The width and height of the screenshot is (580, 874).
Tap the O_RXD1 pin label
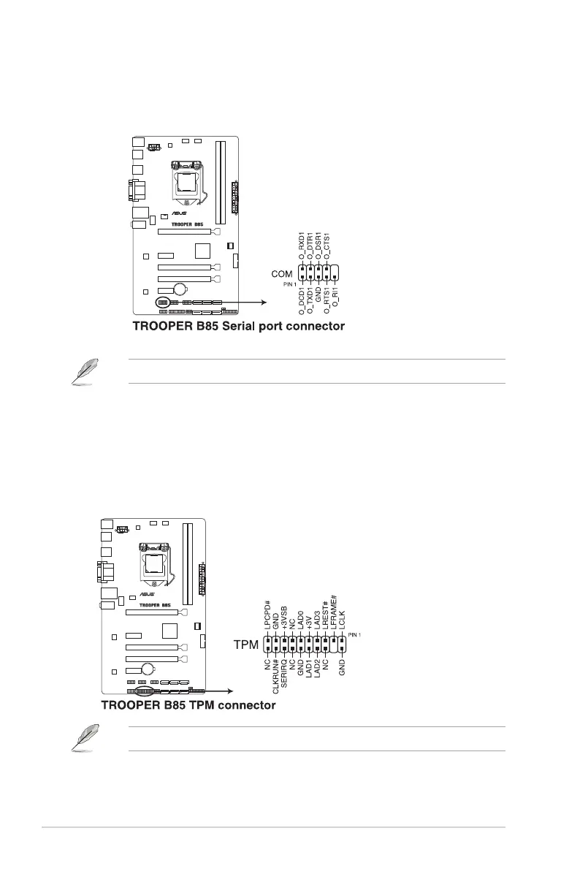[302, 249]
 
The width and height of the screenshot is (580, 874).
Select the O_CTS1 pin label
[328, 245]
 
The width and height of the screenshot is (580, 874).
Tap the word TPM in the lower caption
[198, 705]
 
